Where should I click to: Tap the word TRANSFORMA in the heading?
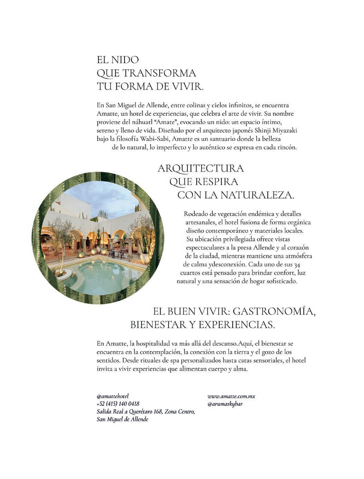click(159, 73)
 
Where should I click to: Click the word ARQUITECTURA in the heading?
click(201, 169)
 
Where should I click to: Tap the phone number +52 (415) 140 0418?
click(118, 404)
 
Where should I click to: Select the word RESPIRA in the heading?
click(216, 182)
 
